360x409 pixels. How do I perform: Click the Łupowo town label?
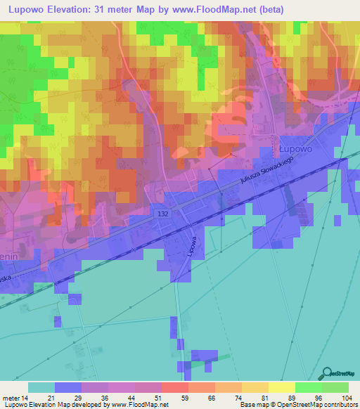click(x=291, y=150)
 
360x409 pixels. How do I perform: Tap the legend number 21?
click(x=49, y=397)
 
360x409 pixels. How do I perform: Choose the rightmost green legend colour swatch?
click(x=335, y=387)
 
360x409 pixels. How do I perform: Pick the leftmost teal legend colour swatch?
click(x=41, y=387)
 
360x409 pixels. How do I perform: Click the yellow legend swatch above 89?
click(x=281, y=387)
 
